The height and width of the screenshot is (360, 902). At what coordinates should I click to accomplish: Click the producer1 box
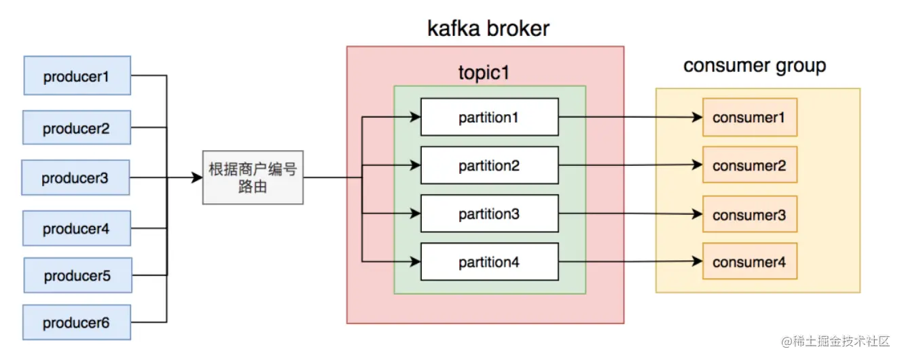click(x=77, y=75)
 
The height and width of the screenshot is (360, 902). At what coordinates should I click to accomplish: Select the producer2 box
click(x=77, y=128)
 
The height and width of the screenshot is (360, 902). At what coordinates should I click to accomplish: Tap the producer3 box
click(x=75, y=177)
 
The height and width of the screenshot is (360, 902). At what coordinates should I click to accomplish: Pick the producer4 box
click(x=77, y=228)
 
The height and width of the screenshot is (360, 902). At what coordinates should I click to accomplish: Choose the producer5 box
click(x=77, y=276)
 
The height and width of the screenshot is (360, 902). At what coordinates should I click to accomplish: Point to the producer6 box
click(x=77, y=323)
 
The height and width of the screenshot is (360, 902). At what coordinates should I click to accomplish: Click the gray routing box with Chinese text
click(x=253, y=177)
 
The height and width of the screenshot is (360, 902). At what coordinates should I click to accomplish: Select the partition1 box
click(x=490, y=118)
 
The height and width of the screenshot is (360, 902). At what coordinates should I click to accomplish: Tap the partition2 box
click(x=490, y=166)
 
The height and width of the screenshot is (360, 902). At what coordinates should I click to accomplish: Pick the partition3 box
click(x=490, y=213)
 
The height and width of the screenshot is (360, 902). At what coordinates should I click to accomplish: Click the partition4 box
click(x=490, y=262)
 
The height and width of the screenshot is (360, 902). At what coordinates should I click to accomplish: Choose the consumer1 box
click(x=750, y=118)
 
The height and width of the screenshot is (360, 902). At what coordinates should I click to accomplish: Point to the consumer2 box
click(x=750, y=164)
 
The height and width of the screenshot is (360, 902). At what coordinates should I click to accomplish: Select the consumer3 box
click(x=750, y=214)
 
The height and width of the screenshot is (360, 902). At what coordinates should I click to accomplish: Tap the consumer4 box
click(x=750, y=262)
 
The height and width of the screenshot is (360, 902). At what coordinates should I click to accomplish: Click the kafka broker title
click(x=488, y=29)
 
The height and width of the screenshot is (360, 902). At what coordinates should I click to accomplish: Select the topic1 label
click(x=484, y=73)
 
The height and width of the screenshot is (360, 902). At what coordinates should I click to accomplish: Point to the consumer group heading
click(x=755, y=66)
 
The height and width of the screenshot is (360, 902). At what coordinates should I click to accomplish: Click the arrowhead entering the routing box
click(x=197, y=177)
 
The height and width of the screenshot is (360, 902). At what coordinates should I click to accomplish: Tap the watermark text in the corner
click(x=835, y=342)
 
